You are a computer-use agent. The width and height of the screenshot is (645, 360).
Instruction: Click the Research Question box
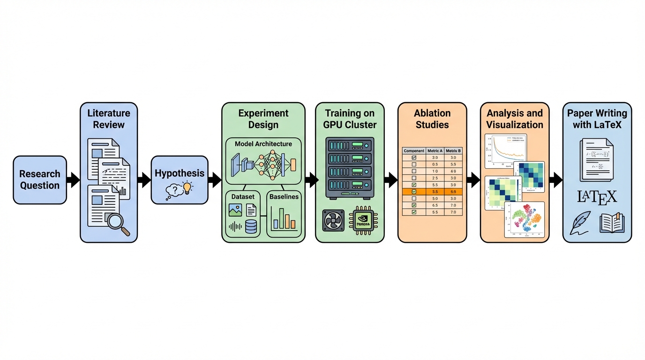click(x=40, y=180)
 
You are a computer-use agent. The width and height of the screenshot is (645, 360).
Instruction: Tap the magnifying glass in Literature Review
click(x=117, y=223)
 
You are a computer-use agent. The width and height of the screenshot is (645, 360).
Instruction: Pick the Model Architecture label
click(x=263, y=144)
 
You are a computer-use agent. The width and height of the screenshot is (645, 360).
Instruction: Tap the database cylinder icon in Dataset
click(x=251, y=226)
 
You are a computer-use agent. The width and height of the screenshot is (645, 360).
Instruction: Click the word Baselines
click(x=284, y=197)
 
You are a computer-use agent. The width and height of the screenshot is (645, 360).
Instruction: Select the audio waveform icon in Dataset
click(x=235, y=227)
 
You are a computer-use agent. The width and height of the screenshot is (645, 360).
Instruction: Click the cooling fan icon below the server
click(x=334, y=220)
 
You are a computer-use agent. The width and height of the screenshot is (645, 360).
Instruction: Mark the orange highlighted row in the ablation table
click(x=432, y=192)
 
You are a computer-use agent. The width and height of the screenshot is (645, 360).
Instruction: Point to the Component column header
click(x=414, y=151)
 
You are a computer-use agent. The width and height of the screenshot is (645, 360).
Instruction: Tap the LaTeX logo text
click(x=597, y=196)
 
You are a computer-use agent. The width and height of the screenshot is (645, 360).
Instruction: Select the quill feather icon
click(x=580, y=224)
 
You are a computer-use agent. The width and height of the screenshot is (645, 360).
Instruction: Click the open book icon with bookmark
click(x=612, y=223)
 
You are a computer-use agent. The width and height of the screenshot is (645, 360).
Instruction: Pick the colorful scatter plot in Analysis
click(x=524, y=219)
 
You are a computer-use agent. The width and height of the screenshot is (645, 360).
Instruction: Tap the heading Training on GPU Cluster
click(x=349, y=119)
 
